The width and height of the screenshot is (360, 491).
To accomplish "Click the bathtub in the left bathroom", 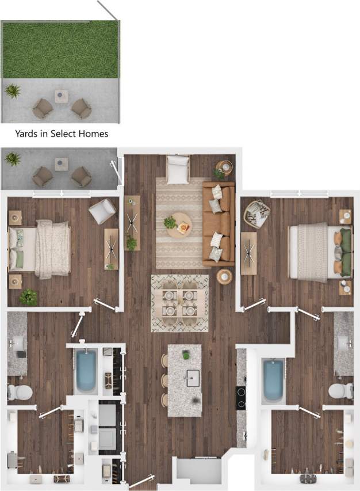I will click(86, 371).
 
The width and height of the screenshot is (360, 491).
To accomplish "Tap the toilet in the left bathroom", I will click(20, 392).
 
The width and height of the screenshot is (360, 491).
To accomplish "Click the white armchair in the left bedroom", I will click(102, 212).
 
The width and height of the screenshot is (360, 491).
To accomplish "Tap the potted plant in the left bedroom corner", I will click(28, 297).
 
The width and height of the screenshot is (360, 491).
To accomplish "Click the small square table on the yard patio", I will click(62, 96).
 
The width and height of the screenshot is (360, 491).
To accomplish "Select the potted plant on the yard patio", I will click(13, 90).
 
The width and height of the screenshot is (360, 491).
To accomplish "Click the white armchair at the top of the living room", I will click(177, 168).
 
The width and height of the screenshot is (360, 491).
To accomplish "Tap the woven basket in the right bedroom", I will click(256, 214).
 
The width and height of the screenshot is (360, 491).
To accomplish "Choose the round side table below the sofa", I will click(224, 277).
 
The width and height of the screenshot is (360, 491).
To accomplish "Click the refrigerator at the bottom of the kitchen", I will click(199, 471).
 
